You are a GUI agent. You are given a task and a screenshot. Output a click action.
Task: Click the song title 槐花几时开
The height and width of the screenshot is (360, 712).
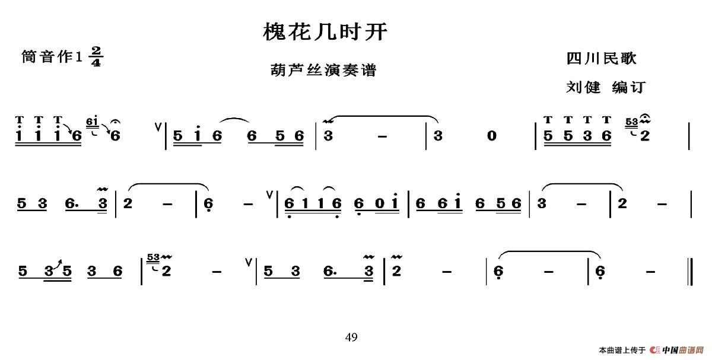pos(325,32)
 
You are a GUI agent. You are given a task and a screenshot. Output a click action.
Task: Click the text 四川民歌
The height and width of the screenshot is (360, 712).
pos(601,58)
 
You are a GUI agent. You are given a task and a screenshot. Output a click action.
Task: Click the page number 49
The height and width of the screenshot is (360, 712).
pos(351,337)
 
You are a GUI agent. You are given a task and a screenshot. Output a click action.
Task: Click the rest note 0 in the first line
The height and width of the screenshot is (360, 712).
pos(491,136)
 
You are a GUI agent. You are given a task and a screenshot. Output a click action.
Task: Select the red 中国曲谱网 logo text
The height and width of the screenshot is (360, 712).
pos(682,350)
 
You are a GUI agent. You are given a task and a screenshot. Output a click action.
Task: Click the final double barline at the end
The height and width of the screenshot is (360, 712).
pos(690,270)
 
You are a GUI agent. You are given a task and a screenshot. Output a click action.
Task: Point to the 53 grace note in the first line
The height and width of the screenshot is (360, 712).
pos(631,123)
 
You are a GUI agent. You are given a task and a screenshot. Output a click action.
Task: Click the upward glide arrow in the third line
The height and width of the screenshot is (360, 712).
pos(60,263)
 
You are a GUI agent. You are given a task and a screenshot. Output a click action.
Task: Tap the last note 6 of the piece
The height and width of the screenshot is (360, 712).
pos(600,272)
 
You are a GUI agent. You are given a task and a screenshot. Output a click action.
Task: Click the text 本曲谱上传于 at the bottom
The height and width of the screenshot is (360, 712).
pos(622,350)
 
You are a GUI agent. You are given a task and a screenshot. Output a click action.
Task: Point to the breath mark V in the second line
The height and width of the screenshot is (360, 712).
pos(271,193)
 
